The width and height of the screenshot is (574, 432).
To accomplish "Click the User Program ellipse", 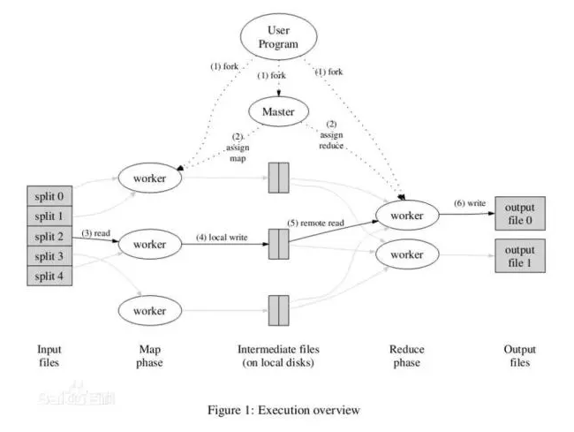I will click(x=278, y=37).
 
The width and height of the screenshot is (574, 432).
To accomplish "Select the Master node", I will click(x=278, y=111).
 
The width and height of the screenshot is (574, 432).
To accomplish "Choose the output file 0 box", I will click(x=519, y=212).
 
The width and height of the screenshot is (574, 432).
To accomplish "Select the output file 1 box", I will click(x=519, y=254).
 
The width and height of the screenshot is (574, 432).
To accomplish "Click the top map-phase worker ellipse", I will click(x=149, y=178).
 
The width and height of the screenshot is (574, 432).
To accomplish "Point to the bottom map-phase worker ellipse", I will click(x=149, y=311).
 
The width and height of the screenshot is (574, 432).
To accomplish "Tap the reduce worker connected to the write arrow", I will click(x=408, y=214).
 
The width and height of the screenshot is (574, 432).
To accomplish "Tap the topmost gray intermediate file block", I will click(x=278, y=178).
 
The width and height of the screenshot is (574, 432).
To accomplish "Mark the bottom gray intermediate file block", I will click(x=278, y=311).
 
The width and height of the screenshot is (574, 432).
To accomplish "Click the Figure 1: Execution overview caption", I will click(x=283, y=409).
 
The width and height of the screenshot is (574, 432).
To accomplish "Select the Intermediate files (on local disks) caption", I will click(x=279, y=357).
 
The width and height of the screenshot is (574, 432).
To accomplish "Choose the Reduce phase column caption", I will click(x=407, y=357).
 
